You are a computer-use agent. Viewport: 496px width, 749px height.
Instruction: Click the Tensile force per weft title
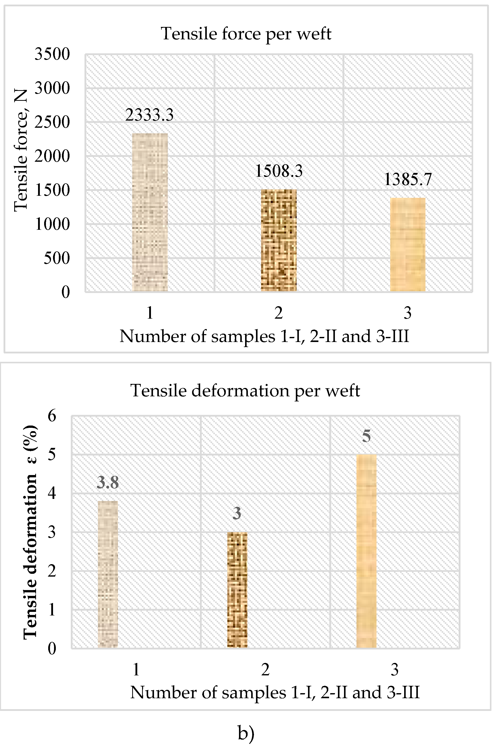[x=246, y=34]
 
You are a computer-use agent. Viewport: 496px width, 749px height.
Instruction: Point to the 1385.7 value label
[x=407, y=180]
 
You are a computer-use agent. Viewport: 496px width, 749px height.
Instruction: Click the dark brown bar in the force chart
[x=279, y=241]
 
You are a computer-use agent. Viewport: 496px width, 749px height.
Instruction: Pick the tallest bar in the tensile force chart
[x=150, y=212]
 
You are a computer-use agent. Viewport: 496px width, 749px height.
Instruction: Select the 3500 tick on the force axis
[x=52, y=54]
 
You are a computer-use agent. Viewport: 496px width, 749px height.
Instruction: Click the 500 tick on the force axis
[x=57, y=258]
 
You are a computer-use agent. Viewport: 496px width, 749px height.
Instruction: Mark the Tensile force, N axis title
[x=21, y=150]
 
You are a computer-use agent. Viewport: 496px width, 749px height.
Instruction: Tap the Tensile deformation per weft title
[x=245, y=391]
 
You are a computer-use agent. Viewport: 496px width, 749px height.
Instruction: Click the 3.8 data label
[x=108, y=482]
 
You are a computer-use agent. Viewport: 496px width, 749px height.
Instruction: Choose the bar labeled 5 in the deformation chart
[x=366, y=551]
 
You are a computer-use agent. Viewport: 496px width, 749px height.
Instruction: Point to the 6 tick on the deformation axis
[x=52, y=416]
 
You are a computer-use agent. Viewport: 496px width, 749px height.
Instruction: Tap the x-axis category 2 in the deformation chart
[x=265, y=670]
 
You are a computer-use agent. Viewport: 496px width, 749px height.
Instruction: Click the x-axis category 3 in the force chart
[x=407, y=313]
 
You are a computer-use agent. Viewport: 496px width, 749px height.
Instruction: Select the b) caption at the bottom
[x=246, y=733]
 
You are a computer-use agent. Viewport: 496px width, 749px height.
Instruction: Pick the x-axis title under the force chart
[x=264, y=336]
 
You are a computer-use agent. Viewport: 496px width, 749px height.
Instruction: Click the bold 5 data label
[x=366, y=436]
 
